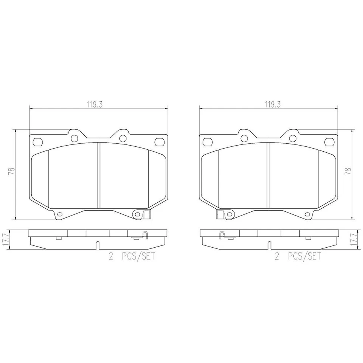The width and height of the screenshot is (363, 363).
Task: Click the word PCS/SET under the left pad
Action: pos(138,257)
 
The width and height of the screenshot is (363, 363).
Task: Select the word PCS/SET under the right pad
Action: pos(304,257)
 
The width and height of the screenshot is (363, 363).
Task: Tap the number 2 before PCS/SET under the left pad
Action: pos(111,257)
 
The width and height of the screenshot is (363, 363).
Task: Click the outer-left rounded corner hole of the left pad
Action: pos(38,142)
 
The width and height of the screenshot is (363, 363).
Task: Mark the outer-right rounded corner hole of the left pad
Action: pos(159,142)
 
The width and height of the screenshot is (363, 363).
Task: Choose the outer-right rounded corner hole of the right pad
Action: pos(329,142)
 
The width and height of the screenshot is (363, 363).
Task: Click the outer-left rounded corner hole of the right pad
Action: pos(207,142)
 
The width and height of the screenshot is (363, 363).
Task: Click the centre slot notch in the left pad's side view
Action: pos(98,245)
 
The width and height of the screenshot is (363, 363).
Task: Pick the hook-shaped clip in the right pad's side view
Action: pos(222,235)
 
